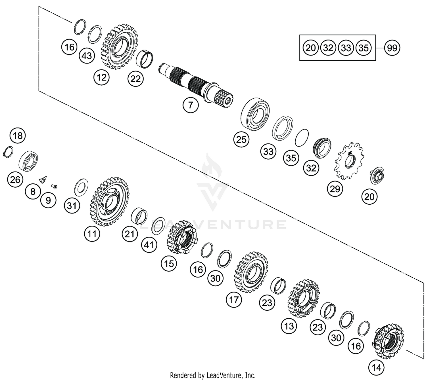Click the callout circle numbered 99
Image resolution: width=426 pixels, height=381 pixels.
(x=392, y=48)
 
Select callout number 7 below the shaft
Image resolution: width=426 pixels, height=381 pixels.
(x=190, y=105)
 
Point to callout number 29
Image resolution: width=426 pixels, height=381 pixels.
(x=335, y=189)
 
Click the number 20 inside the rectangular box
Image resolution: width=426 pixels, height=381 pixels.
(x=310, y=48)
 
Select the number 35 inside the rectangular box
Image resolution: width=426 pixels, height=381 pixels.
(x=364, y=48)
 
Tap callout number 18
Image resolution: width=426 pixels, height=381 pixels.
(x=18, y=136)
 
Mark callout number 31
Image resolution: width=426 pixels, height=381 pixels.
(x=72, y=206)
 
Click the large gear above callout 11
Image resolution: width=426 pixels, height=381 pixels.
(x=110, y=202)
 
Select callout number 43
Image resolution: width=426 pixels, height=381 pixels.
(x=87, y=56)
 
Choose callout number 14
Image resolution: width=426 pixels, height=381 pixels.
(x=376, y=368)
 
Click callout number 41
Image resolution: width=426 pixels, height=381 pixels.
(x=149, y=245)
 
